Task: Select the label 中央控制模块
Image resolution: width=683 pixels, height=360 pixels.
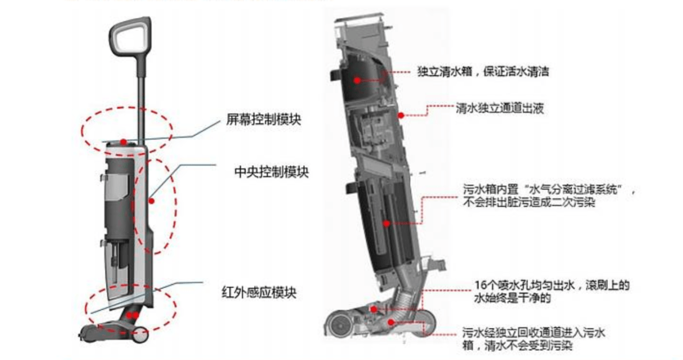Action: coord(271,172)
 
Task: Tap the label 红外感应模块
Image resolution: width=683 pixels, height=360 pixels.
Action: coord(259,293)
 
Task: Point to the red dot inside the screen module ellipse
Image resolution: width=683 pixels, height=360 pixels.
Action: coord(123,142)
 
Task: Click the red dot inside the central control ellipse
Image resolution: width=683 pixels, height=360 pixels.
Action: coord(151,200)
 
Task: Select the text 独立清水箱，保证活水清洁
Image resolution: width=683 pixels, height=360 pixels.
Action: coord(483,71)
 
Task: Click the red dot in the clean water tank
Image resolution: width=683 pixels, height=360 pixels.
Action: coord(357,80)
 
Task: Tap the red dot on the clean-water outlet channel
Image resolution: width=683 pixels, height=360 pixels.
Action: coord(401,115)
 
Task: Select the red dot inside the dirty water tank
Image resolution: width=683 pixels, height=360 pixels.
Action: coord(386,223)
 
